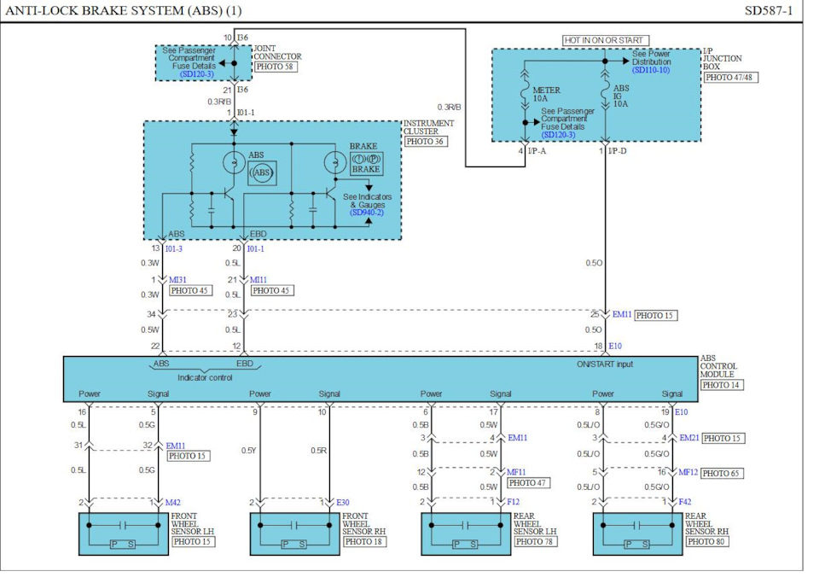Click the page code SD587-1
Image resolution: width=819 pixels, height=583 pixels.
pyautogui.click(x=769, y=11)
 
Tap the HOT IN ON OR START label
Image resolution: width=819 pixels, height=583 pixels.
pyautogui.click(x=606, y=40)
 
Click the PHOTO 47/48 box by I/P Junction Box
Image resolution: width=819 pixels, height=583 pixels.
pyautogui.click(x=730, y=78)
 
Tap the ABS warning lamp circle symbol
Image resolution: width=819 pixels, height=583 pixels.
pyautogui.click(x=235, y=162)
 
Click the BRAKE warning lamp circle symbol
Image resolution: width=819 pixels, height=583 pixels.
pyautogui.click(x=334, y=162)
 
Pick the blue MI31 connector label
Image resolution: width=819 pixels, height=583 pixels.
pyautogui.click(x=178, y=279)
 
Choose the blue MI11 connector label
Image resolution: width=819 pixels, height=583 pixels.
pyautogui.click(x=260, y=279)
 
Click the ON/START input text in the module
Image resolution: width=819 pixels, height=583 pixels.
pyautogui.click(x=605, y=364)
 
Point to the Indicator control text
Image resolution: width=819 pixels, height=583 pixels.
pyautogui.click(x=205, y=377)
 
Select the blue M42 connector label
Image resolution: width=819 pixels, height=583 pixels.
pyautogui.click(x=173, y=502)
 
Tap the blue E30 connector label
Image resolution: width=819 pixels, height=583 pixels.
pyautogui.click(x=342, y=502)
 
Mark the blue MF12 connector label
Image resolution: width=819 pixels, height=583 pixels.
pyautogui.click(x=688, y=472)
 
